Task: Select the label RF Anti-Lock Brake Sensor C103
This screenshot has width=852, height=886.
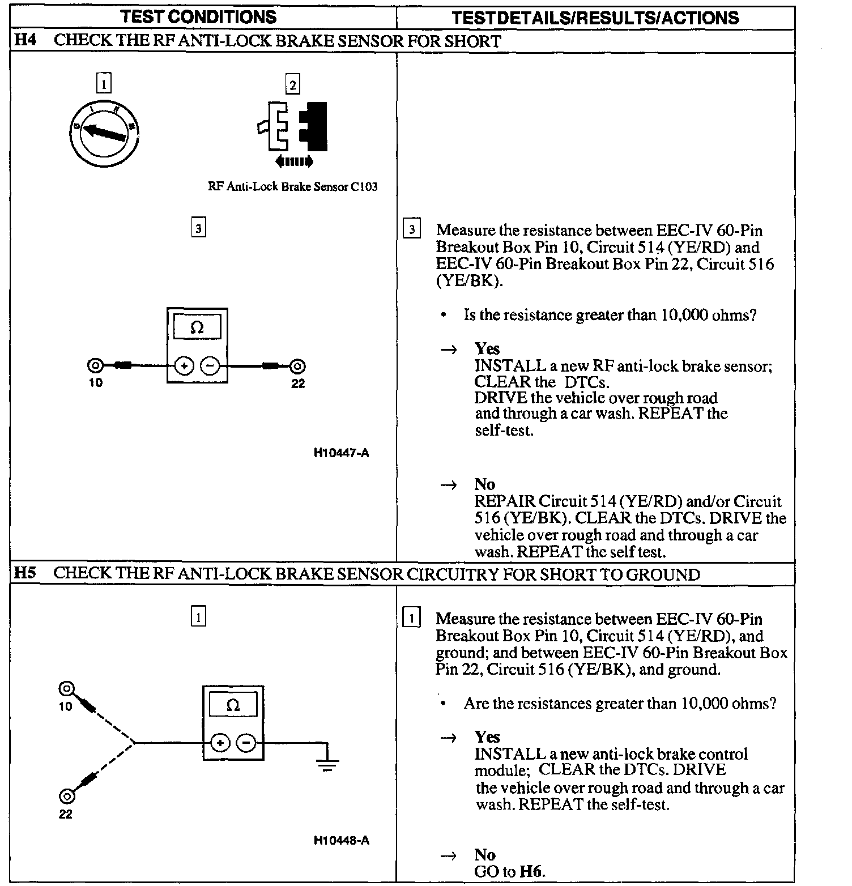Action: click(x=292, y=187)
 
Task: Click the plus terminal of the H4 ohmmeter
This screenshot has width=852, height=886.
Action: click(x=184, y=366)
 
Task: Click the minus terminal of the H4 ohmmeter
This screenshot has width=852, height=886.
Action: click(x=210, y=366)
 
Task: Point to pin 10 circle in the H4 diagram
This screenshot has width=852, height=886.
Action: click(x=95, y=366)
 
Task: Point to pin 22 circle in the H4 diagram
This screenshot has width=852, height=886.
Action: click(x=298, y=366)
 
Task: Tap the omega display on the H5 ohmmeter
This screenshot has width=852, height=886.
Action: click(x=233, y=705)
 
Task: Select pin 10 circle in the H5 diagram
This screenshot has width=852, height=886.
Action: click(x=66, y=689)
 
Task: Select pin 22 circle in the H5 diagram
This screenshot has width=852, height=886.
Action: click(x=66, y=796)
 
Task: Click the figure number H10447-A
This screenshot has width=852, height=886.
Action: click(x=341, y=453)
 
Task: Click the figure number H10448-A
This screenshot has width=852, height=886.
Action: click(x=341, y=840)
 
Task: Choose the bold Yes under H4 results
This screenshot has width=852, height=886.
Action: click(x=487, y=348)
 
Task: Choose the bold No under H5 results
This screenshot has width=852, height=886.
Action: click(x=484, y=855)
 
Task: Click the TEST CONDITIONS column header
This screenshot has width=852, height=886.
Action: click(x=199, y=17)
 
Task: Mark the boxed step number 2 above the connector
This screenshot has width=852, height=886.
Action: click(x=292, y=85)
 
